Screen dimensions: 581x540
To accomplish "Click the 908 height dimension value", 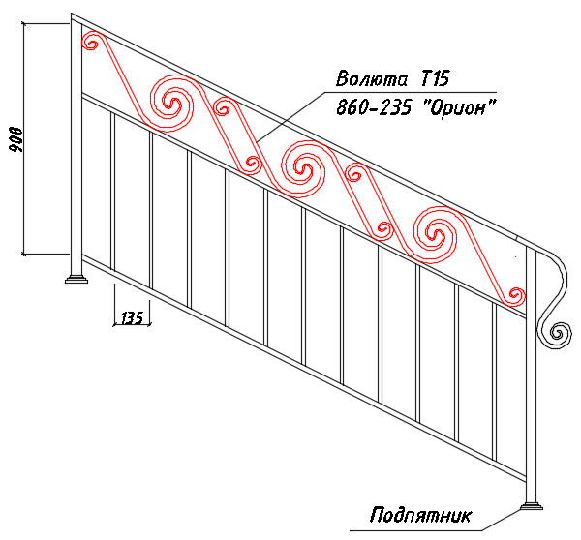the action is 16,139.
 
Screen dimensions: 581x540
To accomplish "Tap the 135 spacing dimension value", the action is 132,317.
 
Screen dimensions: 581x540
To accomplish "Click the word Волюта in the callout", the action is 372,78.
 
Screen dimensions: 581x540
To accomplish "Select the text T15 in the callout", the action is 436,78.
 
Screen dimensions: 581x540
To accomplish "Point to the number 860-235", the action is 374,107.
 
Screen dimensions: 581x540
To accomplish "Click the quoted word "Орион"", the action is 459,106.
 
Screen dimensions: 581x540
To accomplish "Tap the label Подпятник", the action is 421,515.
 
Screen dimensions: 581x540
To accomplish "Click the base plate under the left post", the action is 76,279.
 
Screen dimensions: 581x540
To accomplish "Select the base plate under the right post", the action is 532,506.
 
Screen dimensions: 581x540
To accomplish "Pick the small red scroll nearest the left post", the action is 91,42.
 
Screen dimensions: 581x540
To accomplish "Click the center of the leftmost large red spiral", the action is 172,103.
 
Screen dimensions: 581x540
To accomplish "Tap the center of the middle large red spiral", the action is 303,169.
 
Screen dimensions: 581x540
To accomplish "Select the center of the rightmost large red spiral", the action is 435,234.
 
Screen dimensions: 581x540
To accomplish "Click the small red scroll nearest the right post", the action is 514,295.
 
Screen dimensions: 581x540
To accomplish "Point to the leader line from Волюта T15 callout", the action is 290,117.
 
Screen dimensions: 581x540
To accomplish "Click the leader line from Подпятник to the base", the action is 502,520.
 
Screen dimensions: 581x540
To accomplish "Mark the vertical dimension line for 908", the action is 24,139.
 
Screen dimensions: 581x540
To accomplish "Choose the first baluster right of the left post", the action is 112,192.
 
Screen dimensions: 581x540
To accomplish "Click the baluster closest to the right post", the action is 495,382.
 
